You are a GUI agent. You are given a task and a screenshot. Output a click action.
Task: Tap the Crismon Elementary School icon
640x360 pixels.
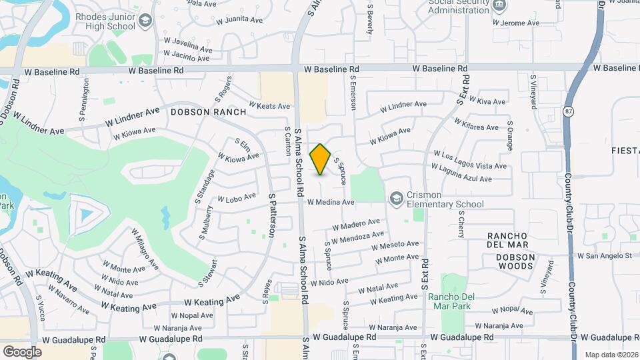pos(397,197)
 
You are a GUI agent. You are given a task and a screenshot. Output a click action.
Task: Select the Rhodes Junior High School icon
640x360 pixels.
pos(145,23)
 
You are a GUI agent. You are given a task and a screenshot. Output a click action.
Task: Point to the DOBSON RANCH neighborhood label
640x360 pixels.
pos(208,112)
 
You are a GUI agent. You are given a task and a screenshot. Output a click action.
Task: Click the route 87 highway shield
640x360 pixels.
pos(568,112)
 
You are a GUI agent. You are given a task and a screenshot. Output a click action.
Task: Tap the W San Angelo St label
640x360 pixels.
pos(604,255)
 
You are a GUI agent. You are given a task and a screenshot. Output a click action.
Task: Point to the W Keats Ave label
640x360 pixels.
pos(269,105)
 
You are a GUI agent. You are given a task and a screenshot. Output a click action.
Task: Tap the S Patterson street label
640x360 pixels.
pos(273,214)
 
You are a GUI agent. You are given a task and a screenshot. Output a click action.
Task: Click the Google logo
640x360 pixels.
pos(22,351)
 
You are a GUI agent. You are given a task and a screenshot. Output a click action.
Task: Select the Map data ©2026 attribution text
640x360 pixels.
pos(611,355)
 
